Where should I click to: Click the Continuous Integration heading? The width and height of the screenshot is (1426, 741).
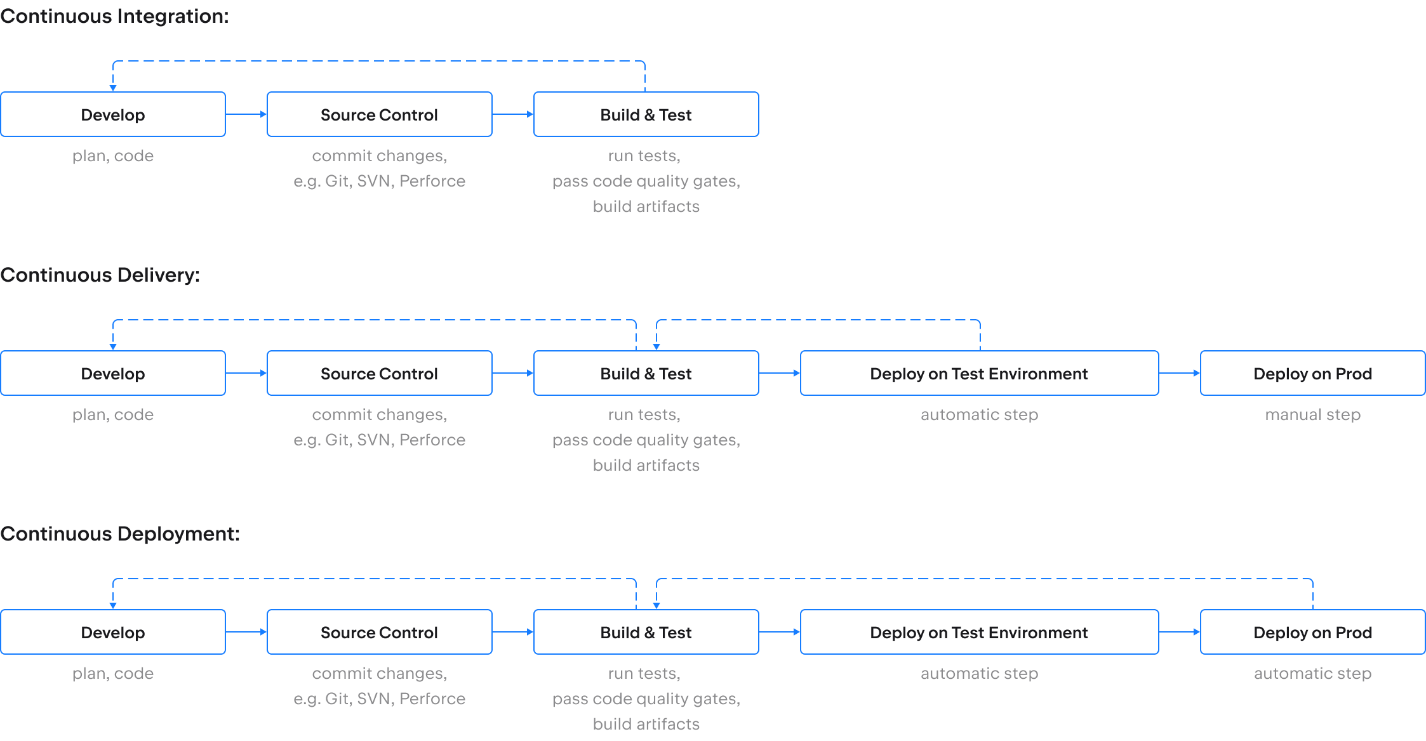coord(115,16)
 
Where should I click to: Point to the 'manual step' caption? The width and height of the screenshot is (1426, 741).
coord(1313,414)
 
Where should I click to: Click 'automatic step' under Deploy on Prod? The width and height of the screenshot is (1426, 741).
coord(1313,673)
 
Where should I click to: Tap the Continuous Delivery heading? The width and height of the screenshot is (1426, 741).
coord(100,275)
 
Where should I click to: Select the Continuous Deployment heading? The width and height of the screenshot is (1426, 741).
coord(120,534)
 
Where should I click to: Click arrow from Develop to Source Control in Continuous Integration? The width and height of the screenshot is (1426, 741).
coord(246,114)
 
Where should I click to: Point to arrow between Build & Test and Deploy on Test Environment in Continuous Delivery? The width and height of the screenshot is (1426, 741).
coord(780,373)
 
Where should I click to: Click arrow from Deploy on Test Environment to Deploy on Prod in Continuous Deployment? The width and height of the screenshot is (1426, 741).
coord(1180,632)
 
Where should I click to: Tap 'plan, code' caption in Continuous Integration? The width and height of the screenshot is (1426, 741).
coord(113,155)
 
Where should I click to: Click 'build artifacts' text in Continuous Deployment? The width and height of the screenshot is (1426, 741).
coord(646,724)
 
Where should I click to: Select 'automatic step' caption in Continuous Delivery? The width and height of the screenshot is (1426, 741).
coord(980,414)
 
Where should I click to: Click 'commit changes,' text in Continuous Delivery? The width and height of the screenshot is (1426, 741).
coord(380,414)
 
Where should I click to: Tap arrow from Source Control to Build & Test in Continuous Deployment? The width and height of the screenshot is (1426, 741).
coord(513,632)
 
